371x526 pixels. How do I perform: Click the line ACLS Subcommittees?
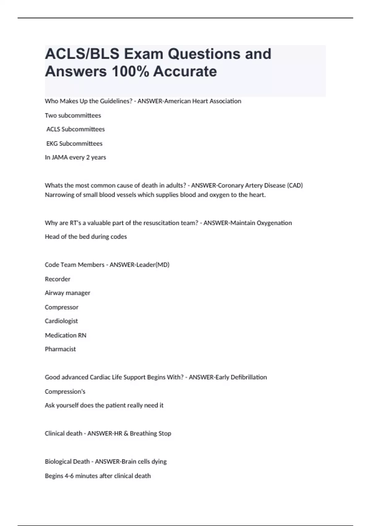pos(75,129)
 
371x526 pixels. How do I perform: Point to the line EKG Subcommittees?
pos(74,144)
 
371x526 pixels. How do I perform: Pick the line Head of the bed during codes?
pos(86,237)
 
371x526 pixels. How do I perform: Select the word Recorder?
pos(58,279)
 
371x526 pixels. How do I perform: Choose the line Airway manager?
pos(67,293)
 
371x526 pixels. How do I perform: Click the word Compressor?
pos(62,307)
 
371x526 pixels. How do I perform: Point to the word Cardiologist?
pos(61,321)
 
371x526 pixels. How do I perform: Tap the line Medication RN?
pos(66,335)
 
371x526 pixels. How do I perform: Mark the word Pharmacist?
pos(60,349)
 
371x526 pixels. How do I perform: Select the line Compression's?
pos(65,392)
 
